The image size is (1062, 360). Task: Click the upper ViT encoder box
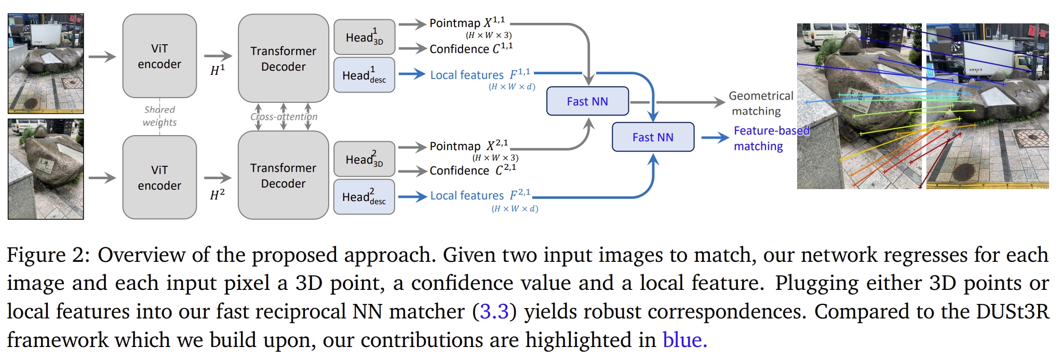159,56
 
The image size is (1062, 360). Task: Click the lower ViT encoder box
159,178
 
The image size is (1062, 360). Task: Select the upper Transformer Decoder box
283,58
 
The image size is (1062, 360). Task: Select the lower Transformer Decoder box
283,175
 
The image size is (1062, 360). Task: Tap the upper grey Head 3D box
364,37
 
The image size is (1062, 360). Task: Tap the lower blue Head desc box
364,197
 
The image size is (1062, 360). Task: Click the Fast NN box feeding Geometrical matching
587,101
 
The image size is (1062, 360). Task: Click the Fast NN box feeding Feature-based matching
653,137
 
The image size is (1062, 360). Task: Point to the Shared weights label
159,116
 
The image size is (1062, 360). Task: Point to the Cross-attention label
284,117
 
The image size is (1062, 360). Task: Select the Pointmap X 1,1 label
467,23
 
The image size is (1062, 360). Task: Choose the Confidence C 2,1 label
473,170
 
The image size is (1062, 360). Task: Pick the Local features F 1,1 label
480,75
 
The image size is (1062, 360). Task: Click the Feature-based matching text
771,138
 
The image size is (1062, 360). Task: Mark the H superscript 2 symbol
217,195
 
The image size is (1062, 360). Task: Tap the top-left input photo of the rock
46,63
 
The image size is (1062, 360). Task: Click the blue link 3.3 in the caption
494,312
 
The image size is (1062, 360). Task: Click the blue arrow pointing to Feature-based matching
715,138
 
